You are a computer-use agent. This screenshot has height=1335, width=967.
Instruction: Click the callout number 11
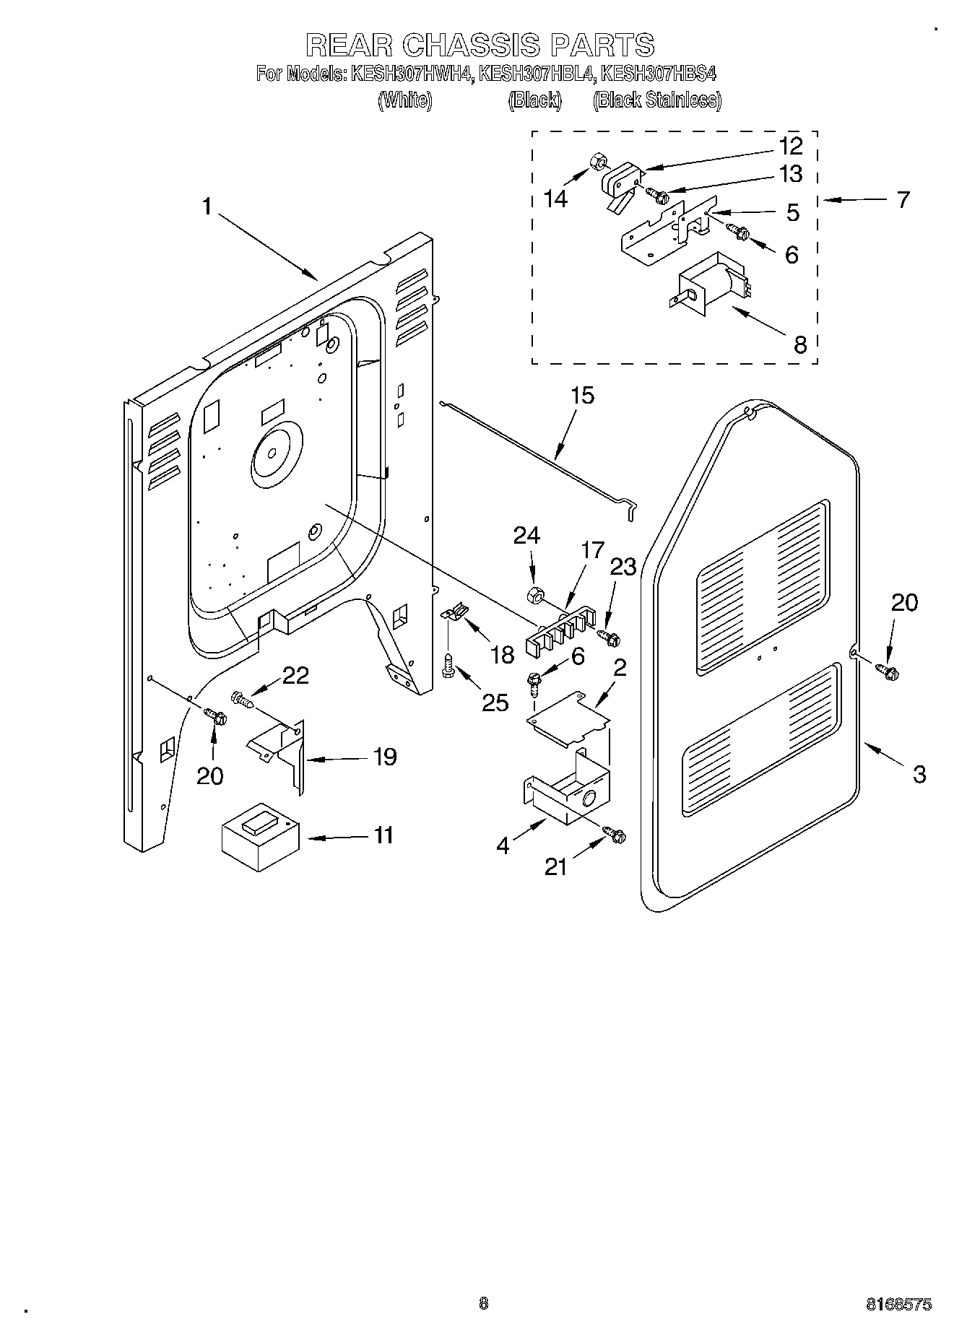click(383, 835)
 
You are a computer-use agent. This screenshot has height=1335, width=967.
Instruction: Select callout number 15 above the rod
click(581, 396)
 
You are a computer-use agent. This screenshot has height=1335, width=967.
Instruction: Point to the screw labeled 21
click(617, 835)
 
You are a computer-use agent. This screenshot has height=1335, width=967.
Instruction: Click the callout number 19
click(385, 757)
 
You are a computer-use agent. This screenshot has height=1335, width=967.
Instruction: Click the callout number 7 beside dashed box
click(903, 200)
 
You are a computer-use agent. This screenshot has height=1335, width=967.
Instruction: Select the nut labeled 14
click(597, 161)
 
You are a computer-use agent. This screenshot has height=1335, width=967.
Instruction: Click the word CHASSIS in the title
click(470, 45)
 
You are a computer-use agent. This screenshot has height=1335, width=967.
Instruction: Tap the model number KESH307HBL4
click(534, 74)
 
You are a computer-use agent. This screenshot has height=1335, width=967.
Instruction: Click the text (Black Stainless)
click(656, 100)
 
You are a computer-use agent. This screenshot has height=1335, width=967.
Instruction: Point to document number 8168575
click(898, 1305)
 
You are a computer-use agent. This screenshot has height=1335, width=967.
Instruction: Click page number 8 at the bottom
click(483, 1303)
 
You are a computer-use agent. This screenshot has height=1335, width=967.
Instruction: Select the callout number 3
click(918, 775)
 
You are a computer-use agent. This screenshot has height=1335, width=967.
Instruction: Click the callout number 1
click(207, 207)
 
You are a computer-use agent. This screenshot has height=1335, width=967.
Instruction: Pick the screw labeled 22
click(242, 699)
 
